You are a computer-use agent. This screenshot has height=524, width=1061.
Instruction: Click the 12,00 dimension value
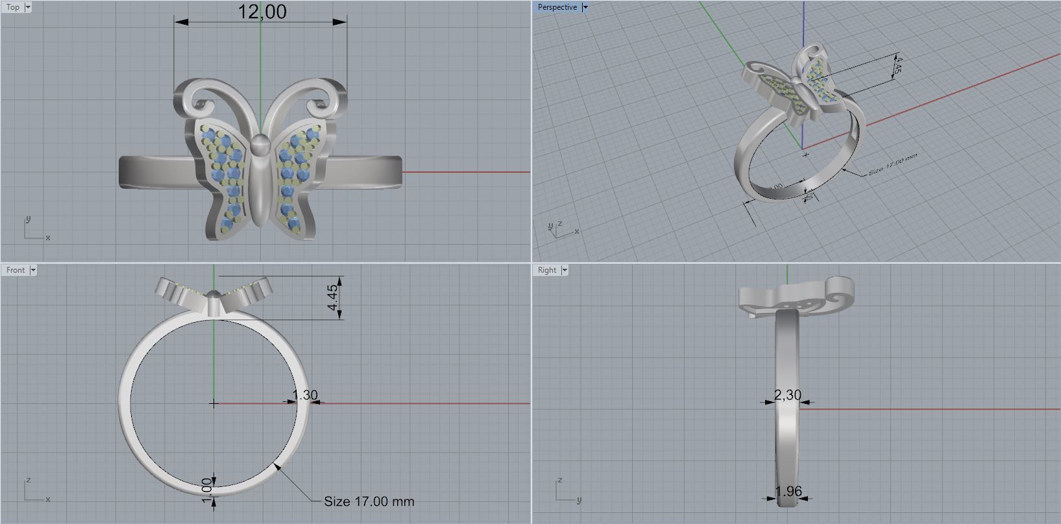point(262,12)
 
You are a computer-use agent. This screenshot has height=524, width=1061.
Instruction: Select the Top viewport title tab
point(13,7)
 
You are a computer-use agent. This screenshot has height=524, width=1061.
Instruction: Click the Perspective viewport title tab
point(557,7)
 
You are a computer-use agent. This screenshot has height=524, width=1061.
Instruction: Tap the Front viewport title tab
point(16,270)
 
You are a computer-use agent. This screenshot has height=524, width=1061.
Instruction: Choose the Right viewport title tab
point(546,270)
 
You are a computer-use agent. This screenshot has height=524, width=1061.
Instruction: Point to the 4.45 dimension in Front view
point(332,297)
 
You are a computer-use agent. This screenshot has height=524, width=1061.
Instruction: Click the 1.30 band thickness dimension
point(304,395)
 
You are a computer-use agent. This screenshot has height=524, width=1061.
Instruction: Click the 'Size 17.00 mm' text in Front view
point(369,501)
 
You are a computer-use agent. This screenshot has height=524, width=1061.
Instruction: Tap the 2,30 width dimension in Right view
point(787,395)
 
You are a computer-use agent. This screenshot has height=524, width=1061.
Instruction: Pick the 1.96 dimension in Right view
point(788,492)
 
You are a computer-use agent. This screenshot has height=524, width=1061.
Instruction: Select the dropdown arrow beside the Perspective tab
point(585,7)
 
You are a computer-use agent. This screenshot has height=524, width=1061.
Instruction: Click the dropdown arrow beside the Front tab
point(33,270)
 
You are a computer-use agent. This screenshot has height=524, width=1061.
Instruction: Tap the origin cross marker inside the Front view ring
point(214,403)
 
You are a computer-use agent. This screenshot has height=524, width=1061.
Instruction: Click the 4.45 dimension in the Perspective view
point(897,65)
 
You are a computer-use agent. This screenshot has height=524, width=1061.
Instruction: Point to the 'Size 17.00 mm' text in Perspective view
point(892,165)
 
